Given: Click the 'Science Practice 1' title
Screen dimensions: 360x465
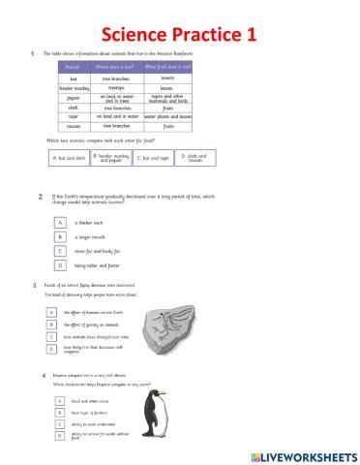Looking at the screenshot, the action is pos(179,34).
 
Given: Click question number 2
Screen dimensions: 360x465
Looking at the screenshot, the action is pos(40,197).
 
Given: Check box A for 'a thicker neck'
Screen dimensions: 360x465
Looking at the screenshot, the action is pos(60,221).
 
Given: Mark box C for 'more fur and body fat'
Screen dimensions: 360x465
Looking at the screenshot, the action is pos(60,250).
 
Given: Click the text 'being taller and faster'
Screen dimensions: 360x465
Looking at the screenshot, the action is pos(98,264).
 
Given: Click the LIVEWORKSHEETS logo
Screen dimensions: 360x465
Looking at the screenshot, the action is pos(302,453).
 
